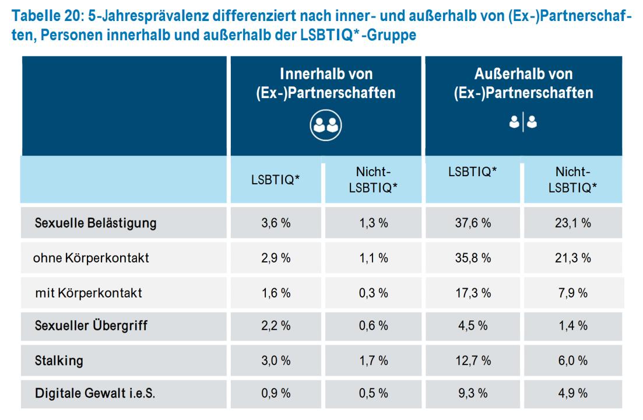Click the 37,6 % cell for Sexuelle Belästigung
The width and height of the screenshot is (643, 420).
[x=473, y=223]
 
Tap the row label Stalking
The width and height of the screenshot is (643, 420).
[x=59, y=360]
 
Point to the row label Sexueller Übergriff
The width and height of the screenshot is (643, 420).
[x=91, y=326]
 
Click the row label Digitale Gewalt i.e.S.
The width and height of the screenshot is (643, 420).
[x=94, y=394]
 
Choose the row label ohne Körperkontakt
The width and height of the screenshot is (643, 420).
[x=91, y=257]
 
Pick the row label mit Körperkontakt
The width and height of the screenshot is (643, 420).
[x=88, y=293]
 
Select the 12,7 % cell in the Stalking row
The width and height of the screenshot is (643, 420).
[x=473, y=360]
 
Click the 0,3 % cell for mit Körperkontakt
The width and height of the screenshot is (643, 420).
[x=373, y=293]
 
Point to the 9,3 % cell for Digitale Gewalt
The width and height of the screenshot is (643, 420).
[x=473, y=394]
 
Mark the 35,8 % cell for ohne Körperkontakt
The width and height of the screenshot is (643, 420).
[x=473, y=257]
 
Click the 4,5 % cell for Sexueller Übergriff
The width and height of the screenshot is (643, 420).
[x=473, y=326]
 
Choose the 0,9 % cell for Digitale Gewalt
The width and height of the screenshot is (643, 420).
[x=276, y=394]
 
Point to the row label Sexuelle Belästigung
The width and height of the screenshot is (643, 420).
[x=96, y=223]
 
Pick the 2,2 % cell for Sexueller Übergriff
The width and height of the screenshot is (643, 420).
[x=276, y=326]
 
